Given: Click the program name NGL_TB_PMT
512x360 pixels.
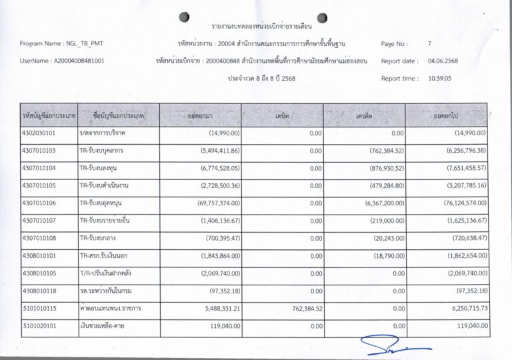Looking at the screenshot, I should (85, 44).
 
